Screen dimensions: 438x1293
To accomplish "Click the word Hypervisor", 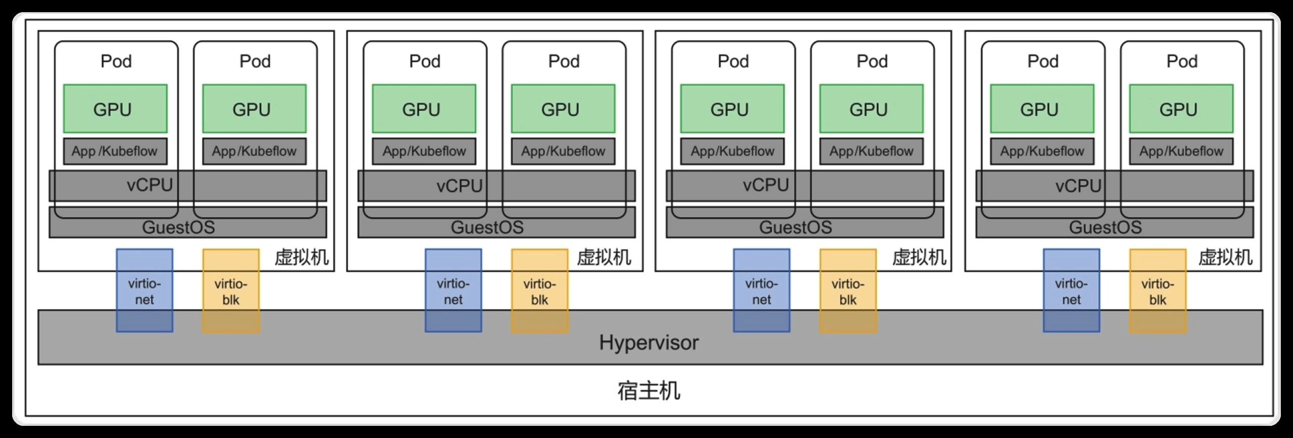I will [649, 343].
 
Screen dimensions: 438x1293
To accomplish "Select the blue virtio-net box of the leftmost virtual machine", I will [144, 290].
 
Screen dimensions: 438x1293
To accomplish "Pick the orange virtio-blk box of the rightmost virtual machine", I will [1158, 290].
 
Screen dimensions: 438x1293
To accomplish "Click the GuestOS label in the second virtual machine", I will [487, 227].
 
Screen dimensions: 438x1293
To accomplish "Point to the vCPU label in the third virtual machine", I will [765, 185].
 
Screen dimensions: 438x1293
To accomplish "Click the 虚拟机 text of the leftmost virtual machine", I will [302, 258].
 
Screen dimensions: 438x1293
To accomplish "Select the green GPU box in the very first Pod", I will [115, 109].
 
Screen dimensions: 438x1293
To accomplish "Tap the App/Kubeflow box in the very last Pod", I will [1181, 151].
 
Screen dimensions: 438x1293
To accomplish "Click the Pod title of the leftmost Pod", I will [116, 61].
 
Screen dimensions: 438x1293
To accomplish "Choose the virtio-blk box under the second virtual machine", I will [539, 290].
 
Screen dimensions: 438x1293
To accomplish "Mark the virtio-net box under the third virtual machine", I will [761, 290].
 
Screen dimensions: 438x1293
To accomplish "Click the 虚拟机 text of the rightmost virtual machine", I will [1225, 258].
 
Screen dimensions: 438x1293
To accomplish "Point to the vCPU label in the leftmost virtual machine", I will [150, 185].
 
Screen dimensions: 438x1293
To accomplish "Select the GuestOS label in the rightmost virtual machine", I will [1105, 227].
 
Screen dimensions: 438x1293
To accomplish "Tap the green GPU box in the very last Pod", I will [1181, 109].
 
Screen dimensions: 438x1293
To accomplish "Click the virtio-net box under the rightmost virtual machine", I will [1071, 290].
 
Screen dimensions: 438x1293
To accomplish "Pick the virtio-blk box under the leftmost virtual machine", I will [231, 290].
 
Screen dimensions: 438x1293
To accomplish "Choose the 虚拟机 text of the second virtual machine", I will [604, 258].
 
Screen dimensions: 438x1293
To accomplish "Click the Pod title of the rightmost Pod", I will [1182, 61].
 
